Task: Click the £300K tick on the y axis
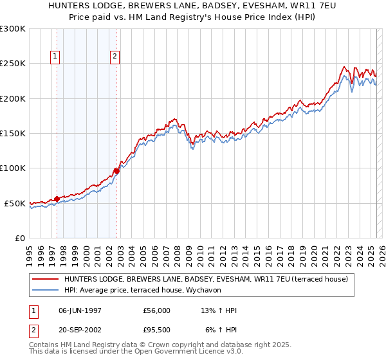pos(14,29)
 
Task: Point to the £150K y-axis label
pos(14,134)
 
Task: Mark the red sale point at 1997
pos(57,199)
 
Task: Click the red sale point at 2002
pos(116,171)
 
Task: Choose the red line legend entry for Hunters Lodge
pos(206,279)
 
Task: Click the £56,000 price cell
pos(156,310)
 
